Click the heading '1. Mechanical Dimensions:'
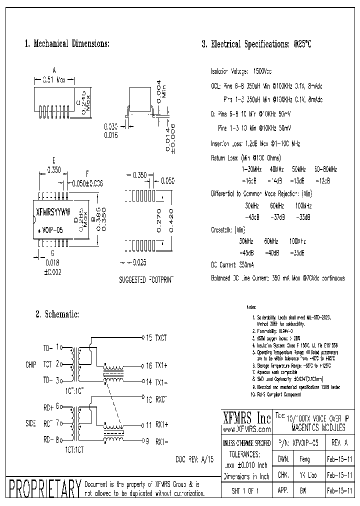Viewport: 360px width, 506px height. pyautogui.click(x=67, y=44)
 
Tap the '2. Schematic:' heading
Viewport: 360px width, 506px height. pyautogui.click(x=57, y=314)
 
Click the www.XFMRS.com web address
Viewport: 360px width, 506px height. pyautogui.click(x=246, y=429)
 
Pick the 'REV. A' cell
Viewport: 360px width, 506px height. pyautogui.click(x=339, y=443)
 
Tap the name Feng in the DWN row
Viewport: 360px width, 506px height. pyautogui.click(x=304, y=459)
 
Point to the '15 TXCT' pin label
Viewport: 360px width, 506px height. pyautogui.click(x=156, y=338)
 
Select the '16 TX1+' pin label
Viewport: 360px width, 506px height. pyautogui.click(x=156, y=365)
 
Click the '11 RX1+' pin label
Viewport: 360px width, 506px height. pyautogui.click(x=156, y=425)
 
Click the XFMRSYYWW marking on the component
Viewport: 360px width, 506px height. pyautogui.click(x=54, y=211)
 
